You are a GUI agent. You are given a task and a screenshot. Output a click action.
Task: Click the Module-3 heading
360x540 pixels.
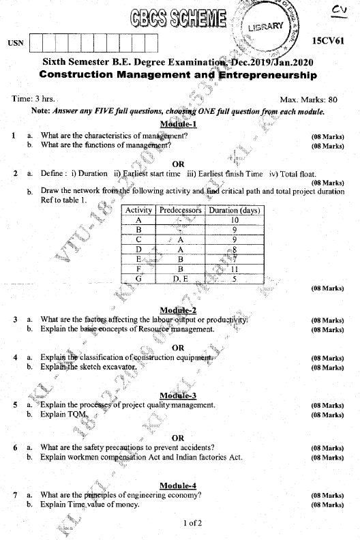178,395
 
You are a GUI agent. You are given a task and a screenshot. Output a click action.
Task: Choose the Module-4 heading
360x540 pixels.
178,485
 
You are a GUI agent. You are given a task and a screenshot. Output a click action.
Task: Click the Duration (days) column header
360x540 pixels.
234,211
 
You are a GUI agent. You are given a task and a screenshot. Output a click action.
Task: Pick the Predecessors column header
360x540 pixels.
181,211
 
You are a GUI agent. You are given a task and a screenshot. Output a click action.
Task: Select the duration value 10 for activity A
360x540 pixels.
234,220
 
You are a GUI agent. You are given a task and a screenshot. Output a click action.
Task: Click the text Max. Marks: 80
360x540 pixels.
308,100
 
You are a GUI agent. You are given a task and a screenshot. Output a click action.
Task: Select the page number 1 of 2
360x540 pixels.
193,523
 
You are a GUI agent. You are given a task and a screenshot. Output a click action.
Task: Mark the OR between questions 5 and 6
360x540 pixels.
178,438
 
